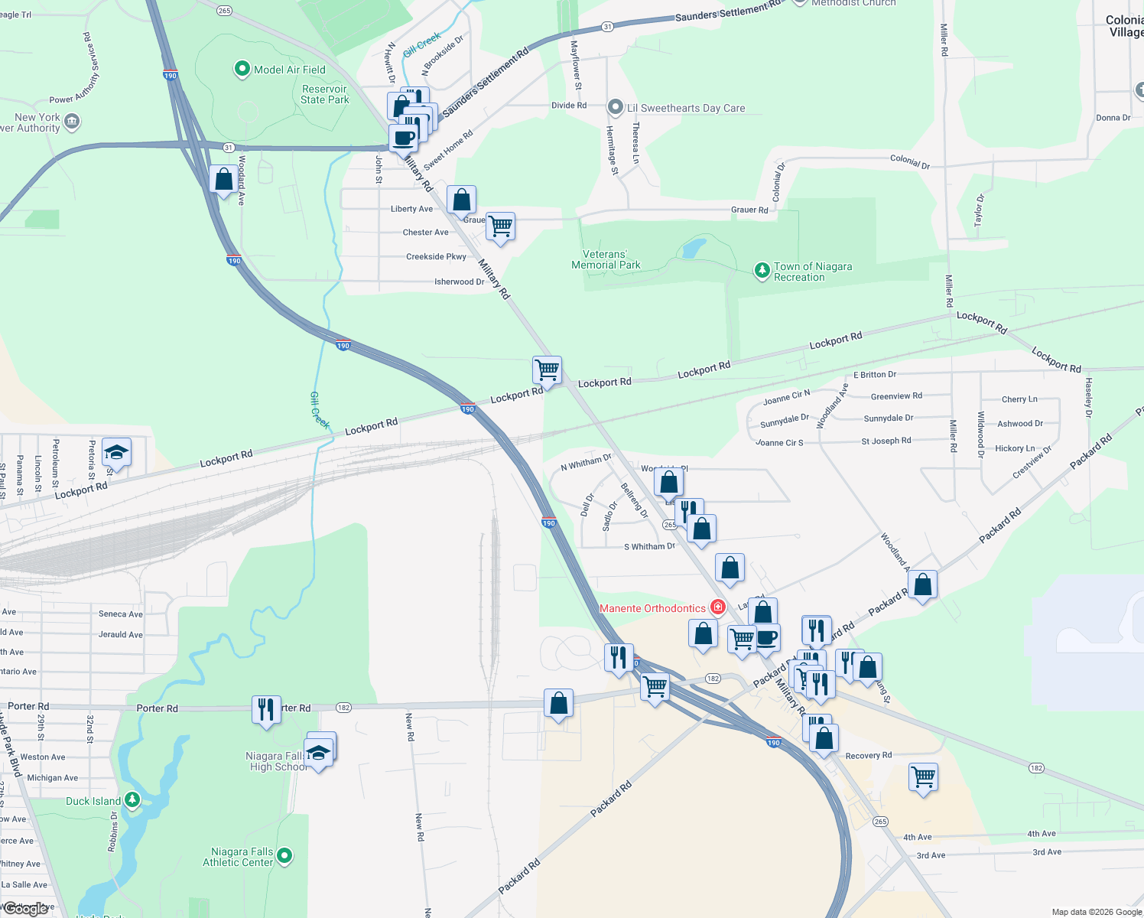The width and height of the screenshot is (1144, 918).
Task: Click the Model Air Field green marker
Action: click(x=242, y=70)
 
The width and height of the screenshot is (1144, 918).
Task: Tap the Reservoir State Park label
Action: click(x=324, y=94)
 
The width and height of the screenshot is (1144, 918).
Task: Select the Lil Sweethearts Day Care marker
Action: click(x=616, y=107)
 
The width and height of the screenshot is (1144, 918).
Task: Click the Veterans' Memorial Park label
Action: click(x=606, y=259)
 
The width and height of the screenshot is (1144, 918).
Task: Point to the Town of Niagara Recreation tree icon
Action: click(x=762, y=270)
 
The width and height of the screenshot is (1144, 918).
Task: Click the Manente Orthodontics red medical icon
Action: click(x=717, y=607)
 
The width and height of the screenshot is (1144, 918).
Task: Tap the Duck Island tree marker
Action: click(x=132, y=800)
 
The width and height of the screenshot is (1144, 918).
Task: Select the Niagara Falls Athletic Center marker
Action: click(x=284, y=855)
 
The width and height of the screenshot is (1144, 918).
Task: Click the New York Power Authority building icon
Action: click(x=72, y=121)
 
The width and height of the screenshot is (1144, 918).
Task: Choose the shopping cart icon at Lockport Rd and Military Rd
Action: click(x=547, y=370)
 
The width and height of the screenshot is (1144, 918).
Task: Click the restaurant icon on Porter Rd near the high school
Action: click(x=265, y=708)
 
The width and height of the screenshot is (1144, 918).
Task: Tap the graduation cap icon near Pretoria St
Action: click(x=116, y=451)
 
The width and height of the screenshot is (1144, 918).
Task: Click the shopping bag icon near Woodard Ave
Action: click(x=223, y=180)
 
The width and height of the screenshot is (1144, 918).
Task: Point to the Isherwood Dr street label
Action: click(x=459, y=282)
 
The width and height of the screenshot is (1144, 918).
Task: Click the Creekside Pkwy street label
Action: click(x=436, y=257)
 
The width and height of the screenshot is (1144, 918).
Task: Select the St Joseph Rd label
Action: click(x=886, y=441)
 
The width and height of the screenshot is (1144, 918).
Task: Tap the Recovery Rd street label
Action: click(x=868, y=755)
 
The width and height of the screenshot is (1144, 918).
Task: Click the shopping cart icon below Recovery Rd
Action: click(x=923, y=777)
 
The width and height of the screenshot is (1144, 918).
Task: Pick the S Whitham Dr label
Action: click(x=649, y=546)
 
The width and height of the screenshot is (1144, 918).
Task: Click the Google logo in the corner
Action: click(x=27, y=909)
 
